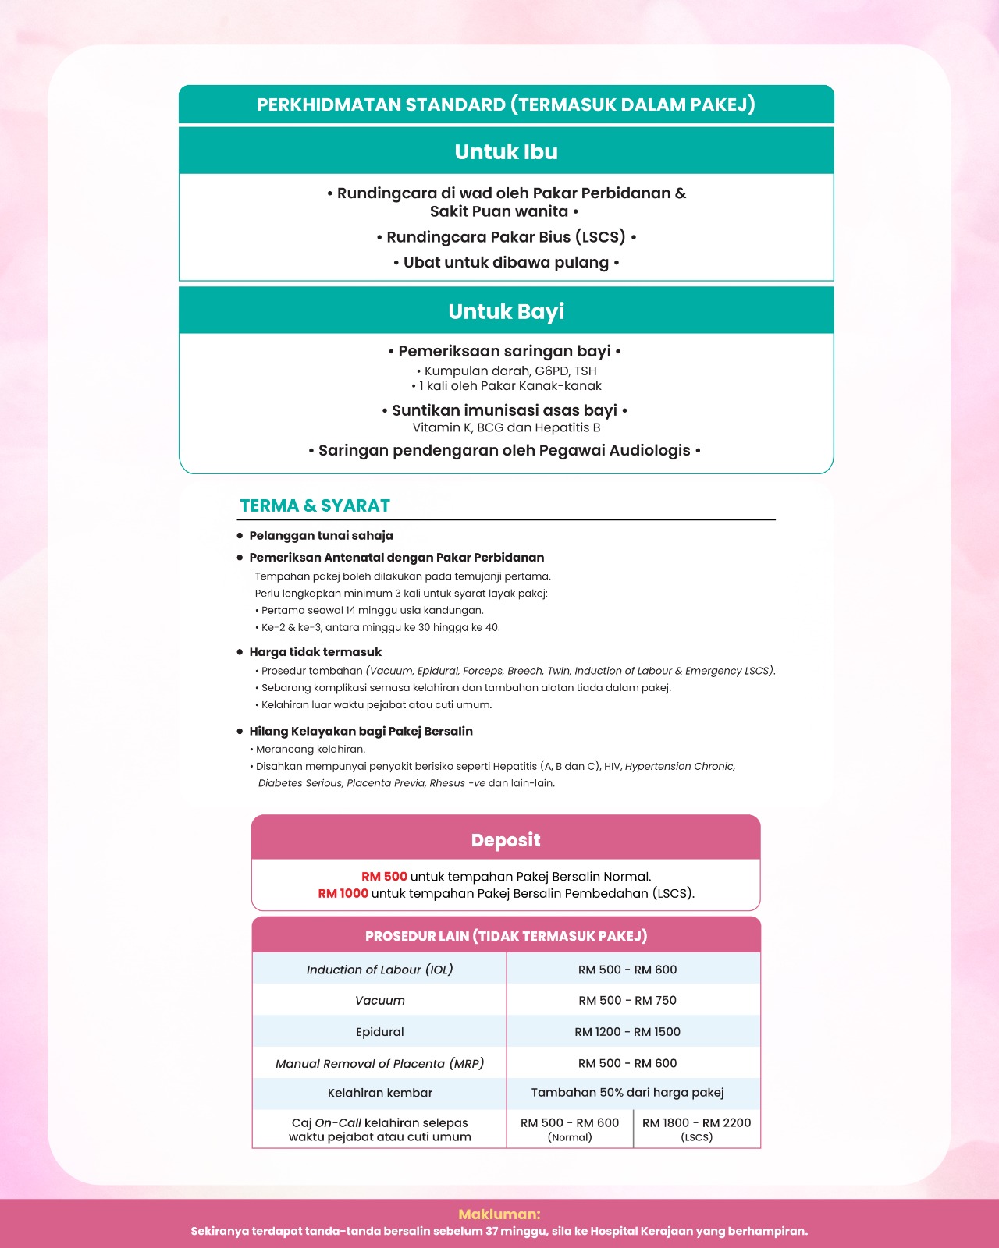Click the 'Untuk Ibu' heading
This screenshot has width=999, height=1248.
(506, 151)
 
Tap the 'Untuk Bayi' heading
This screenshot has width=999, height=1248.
(506, 311)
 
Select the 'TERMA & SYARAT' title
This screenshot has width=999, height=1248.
(315, 505)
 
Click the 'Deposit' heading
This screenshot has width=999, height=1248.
(506, 840)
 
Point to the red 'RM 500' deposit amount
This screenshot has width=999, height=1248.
(384, 877)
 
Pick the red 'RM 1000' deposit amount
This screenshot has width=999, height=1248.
(343, 894)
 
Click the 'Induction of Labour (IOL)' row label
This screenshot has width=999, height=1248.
(379, 970)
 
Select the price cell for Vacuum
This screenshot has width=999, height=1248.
(627, 1001)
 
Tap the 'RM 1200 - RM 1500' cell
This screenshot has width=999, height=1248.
(627, 1032)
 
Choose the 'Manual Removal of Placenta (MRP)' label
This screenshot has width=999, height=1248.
(379, 1064)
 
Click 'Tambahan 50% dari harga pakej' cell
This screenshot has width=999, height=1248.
(627, 1093)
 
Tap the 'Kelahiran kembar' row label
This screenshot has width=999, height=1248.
(379, 1093)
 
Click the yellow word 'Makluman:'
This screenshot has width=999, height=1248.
(499, 1214)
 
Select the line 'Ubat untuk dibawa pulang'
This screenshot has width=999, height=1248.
(506, 263)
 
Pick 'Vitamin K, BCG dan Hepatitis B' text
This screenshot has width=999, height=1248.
(506, 427)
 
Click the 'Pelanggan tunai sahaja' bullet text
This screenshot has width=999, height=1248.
(321, 536)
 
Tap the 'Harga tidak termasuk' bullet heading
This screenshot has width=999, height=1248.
(315, 652)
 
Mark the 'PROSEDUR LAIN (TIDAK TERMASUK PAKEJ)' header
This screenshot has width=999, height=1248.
(506, 936)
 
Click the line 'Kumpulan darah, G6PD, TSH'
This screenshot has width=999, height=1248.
(510, 371)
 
